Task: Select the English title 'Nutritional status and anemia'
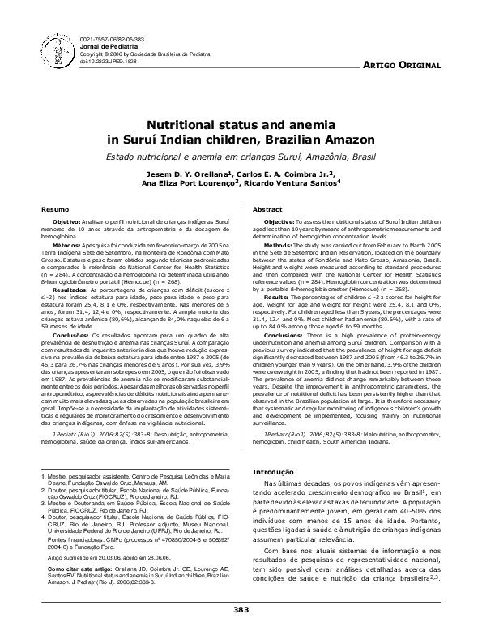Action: (x=241, y=126)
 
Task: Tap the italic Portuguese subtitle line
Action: (x=241, y=154)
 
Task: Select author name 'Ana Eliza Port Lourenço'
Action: (x=192, y=183)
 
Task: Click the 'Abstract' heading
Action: (x=267, y=209)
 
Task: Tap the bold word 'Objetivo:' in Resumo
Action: (x=69, y=221)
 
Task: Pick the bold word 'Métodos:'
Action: (x=68, y=243)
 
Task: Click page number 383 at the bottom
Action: (x=241, y=632)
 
